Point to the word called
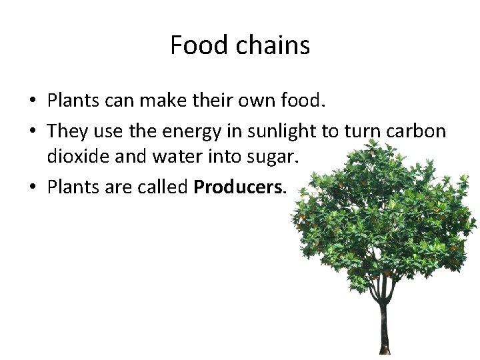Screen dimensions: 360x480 [164, 187]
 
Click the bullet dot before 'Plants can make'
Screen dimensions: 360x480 [32, 103]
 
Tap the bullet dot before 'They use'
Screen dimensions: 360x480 [32, 132]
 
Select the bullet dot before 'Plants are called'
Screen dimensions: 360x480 [32, 189]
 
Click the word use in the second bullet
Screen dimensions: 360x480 [107, 132]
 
